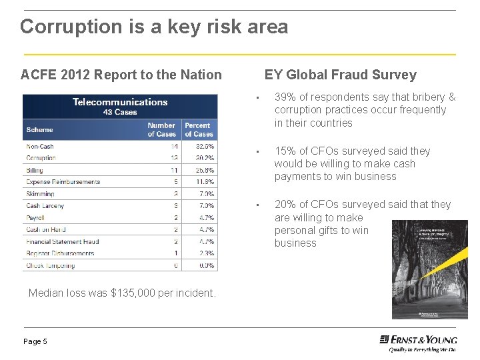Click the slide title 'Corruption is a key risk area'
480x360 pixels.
tap(154, 27)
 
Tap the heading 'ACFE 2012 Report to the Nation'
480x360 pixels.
tap(121, 75)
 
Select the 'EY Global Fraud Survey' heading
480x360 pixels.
tap(340, 75)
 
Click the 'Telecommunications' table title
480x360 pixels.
tap(120, 102)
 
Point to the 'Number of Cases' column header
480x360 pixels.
tap(161, 129)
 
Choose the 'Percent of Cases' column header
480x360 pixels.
tap(198, 129)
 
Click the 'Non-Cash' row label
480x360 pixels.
tap(40, 146)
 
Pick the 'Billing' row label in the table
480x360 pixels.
tap(35, 170)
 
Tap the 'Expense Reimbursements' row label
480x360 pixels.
tap(63, 182)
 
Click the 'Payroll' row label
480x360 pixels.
tap(36, 218)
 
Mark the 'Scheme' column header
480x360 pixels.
tap(39, 129)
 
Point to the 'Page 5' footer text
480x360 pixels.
tap(35, 341)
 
